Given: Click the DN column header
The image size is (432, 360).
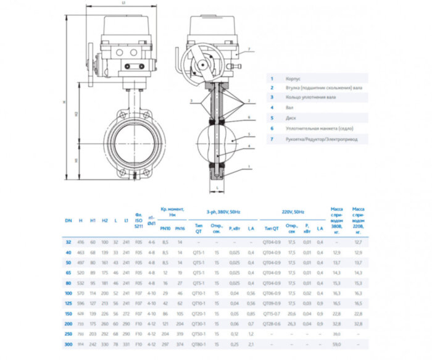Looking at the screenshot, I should (x=68, y=220).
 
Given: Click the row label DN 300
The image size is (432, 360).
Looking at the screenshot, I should (x=68, y=344).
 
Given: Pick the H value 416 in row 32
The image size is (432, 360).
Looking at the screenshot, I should (x=81, y=243).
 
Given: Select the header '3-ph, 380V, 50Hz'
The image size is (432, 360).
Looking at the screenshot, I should (x=223, y=211).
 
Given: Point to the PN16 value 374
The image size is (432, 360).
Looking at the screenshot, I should (x=180, y=344).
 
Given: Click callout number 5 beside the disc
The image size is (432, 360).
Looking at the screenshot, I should (x=248, y=133).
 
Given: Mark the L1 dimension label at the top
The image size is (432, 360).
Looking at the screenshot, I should (x=124, y=3).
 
